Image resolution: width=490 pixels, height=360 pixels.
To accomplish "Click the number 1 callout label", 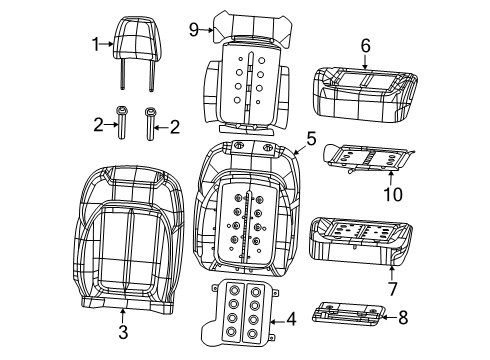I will click(96, 44).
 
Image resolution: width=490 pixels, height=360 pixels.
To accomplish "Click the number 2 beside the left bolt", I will click(97, 125).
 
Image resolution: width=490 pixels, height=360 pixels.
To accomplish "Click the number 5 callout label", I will click(311, 139).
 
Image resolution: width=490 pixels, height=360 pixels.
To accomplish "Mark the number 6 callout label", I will click(365, 44).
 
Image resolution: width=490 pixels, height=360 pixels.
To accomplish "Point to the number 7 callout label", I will click(391, 289).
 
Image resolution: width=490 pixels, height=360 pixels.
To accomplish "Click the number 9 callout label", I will click(194, 29).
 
